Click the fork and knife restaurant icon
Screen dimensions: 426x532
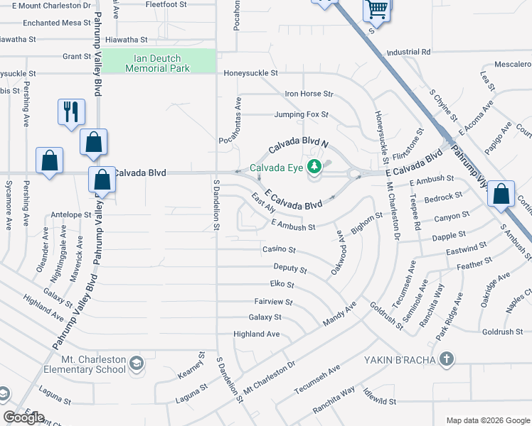tap(71, 112)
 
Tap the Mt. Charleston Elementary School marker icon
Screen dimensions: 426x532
tap(137, 364)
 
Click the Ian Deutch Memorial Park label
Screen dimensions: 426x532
tap(157, 63)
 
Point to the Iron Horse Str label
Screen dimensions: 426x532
tap(309, 94)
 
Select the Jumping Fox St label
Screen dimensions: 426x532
tap(302, 114)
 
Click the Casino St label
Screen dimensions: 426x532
tap(279, 251)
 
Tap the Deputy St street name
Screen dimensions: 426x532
tap(289, 269)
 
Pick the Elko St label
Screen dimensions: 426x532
tap(282, 285)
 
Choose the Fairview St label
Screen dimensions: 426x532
tap(273, 302)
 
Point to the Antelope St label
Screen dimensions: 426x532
tap(72, 214)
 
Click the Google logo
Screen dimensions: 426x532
tap(23, 417)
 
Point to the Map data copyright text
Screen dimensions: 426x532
tap(488, 420)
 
